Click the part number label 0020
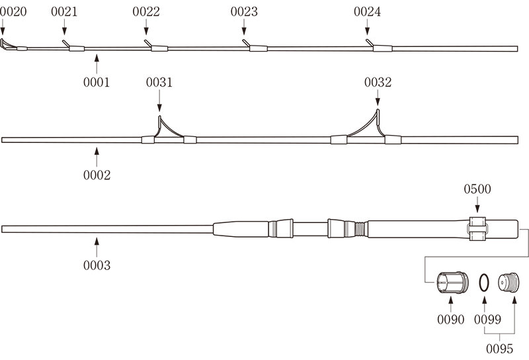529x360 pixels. tap(13, 12)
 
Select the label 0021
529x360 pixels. tap(64, 12)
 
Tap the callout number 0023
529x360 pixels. tap(245, 12)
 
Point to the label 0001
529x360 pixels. tap(97, 83)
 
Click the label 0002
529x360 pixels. tap(97, 175)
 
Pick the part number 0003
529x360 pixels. tap(97, 265)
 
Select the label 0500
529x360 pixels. tap(477, 189)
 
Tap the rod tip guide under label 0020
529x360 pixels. tap(7, 45)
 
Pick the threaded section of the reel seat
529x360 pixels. tap(358, 229)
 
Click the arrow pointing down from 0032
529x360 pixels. tap(378, 98)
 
